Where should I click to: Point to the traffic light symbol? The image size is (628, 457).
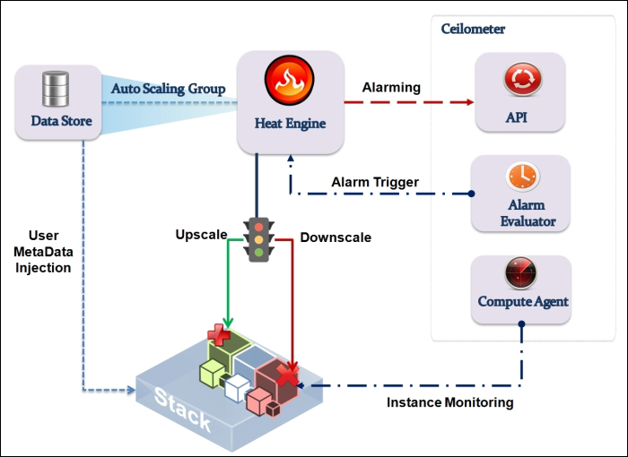pyautogui.click(x=259, y=238)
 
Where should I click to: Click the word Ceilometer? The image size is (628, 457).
pyautogui.click(x=473, y=29)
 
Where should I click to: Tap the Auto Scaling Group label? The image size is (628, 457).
pyautogui.click(x=168, y=90)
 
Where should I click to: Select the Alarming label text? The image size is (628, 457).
pyautogui.click(x=391, y=88)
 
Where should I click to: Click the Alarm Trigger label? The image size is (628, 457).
pyautogui.click(x=374, y=182)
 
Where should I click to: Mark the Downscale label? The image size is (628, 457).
pyautogui.click(x=336, y=237)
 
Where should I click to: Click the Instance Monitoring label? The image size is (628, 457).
pyautogui.click(x=449, y=402)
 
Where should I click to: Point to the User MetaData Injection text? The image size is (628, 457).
pyautogui.click(x=43, y=251)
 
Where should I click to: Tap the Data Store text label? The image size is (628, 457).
pyautogui.click(x=61, y=120)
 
